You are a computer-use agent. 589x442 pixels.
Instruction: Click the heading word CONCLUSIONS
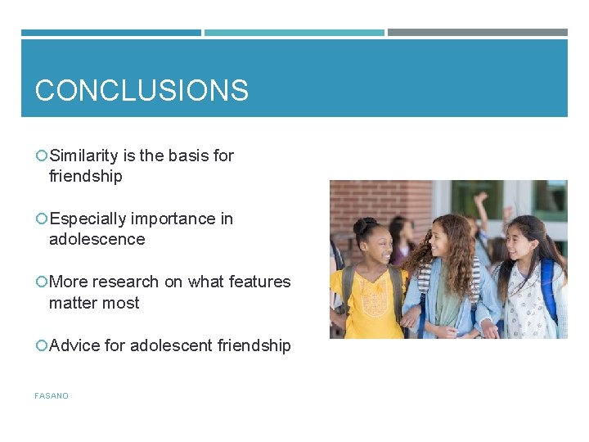point(142,90)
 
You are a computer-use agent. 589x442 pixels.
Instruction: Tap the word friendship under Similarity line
point(85,176)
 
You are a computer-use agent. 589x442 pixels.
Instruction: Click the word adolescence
point(97,239)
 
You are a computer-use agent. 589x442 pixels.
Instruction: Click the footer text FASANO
point(52,396)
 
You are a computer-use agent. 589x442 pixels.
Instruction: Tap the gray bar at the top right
point(477,33)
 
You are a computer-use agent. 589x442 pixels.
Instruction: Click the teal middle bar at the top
point(294,33)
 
